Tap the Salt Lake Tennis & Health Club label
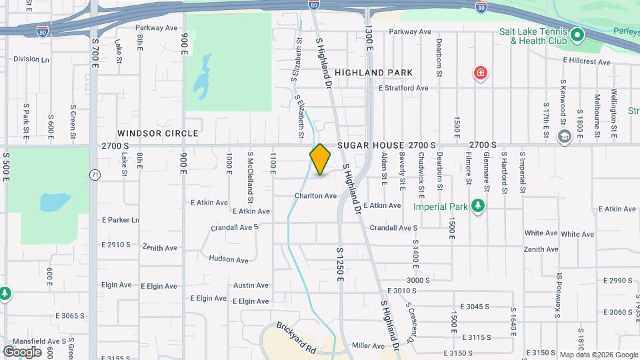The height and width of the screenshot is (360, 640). tap(533, 36)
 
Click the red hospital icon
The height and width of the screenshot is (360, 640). tap(479, 73)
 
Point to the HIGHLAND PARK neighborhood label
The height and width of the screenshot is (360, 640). tap(373, 72)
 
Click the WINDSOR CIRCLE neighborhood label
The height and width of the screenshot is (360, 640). tap(158, 133)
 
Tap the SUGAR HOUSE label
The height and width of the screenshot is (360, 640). tap(371, 145)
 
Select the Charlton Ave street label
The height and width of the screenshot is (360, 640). tap(316, 196)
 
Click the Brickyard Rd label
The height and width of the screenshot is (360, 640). tap(297, 337)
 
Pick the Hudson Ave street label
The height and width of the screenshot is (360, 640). tap(228, 259)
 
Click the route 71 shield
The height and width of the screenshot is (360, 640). tap(95, 175)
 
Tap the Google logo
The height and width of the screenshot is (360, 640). tap(22, 351)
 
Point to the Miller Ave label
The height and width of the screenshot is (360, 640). tap(369, 346)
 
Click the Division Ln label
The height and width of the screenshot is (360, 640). tap(31, 59)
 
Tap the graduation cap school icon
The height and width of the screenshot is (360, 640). tap(564, 137)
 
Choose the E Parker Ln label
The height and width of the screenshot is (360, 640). tap(121, 220)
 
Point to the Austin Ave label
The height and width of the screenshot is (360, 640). tap(251, 285)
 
